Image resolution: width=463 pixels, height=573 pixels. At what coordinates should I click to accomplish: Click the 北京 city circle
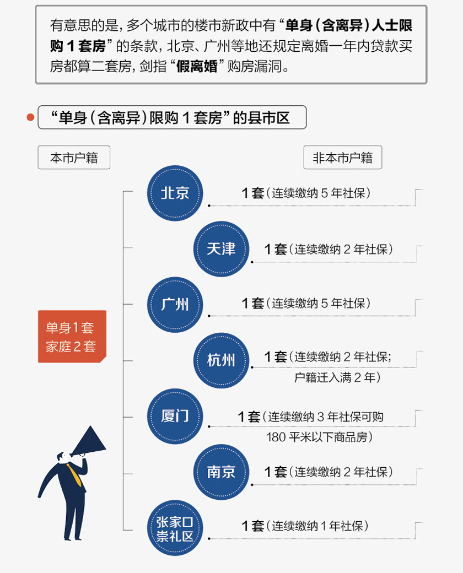(175, 193)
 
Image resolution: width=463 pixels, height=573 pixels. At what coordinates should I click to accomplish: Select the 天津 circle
(221, 249)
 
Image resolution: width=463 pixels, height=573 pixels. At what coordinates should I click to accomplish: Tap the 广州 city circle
(175, 304)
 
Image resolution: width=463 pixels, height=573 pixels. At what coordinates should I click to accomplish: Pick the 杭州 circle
(221, 360)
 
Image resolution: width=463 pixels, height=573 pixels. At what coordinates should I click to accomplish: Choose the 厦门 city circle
(175, 416)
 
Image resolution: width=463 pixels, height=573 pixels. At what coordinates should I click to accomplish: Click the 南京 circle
(221, 472)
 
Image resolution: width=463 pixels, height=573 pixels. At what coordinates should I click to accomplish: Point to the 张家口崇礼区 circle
(175, 528)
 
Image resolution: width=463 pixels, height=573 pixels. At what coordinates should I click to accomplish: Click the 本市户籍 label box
(74, 158)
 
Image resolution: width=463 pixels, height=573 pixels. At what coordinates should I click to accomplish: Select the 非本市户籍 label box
(342, 158)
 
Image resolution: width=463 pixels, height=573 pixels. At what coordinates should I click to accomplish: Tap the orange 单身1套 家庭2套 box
(71, 337)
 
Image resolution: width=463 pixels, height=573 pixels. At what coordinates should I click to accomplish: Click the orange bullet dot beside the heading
(30, 118)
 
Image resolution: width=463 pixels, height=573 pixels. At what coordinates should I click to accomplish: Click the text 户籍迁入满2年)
(337, 378)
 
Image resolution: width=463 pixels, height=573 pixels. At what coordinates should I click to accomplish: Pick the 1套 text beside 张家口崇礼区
(253, 526)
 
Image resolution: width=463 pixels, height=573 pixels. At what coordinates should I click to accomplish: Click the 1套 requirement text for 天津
(276, 249)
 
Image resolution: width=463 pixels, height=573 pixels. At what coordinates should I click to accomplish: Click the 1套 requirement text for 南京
(276, 472)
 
